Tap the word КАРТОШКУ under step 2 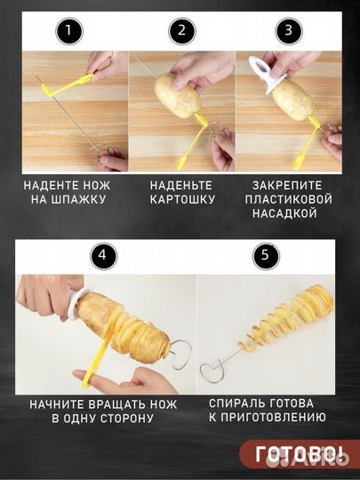click(x=182, y=200)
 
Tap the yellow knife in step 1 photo click(x=68, y=86)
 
